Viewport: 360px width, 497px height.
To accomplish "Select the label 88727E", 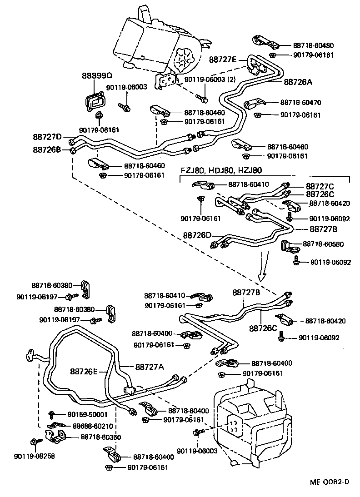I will [x=223, y=60].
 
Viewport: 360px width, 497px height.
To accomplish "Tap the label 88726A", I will [x=298, y=82].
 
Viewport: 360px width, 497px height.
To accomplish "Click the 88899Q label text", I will [x=97, y=75].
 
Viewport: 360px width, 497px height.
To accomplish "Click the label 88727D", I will [x=47, y=136].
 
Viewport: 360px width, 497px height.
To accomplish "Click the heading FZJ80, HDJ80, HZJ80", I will [x=221, y=171].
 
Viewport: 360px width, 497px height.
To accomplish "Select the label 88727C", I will [x=320, y=186].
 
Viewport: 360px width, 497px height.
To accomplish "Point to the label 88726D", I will [x=198, y=235].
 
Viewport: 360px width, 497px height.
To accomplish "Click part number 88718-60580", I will [x=323, y=244].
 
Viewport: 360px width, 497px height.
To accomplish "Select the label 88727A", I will [x=149, y=367].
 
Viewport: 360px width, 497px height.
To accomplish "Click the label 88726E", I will [x=84, y=371].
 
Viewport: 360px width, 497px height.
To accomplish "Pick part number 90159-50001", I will [x=87, y=414].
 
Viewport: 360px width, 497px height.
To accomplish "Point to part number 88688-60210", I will [x=93, y=426].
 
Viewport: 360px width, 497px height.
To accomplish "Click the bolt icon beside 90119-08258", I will [x=35, y=442].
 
